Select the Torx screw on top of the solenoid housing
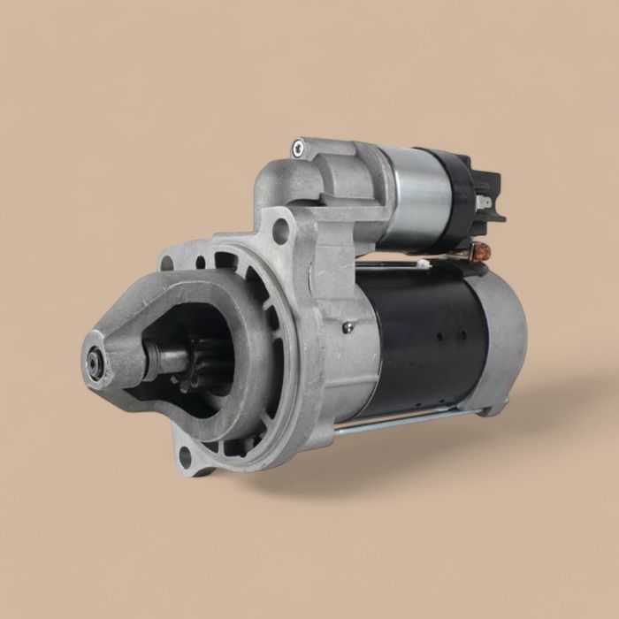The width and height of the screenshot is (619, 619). point(298,148)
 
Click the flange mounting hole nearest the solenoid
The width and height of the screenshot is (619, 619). point(280,234)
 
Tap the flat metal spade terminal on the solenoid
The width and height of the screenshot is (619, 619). point(481,203)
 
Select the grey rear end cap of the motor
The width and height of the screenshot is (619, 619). point(504,336)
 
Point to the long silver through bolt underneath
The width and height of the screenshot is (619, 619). point(398,422)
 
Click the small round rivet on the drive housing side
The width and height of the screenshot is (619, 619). point(348,326)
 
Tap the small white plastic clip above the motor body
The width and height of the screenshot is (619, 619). point(424,263)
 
